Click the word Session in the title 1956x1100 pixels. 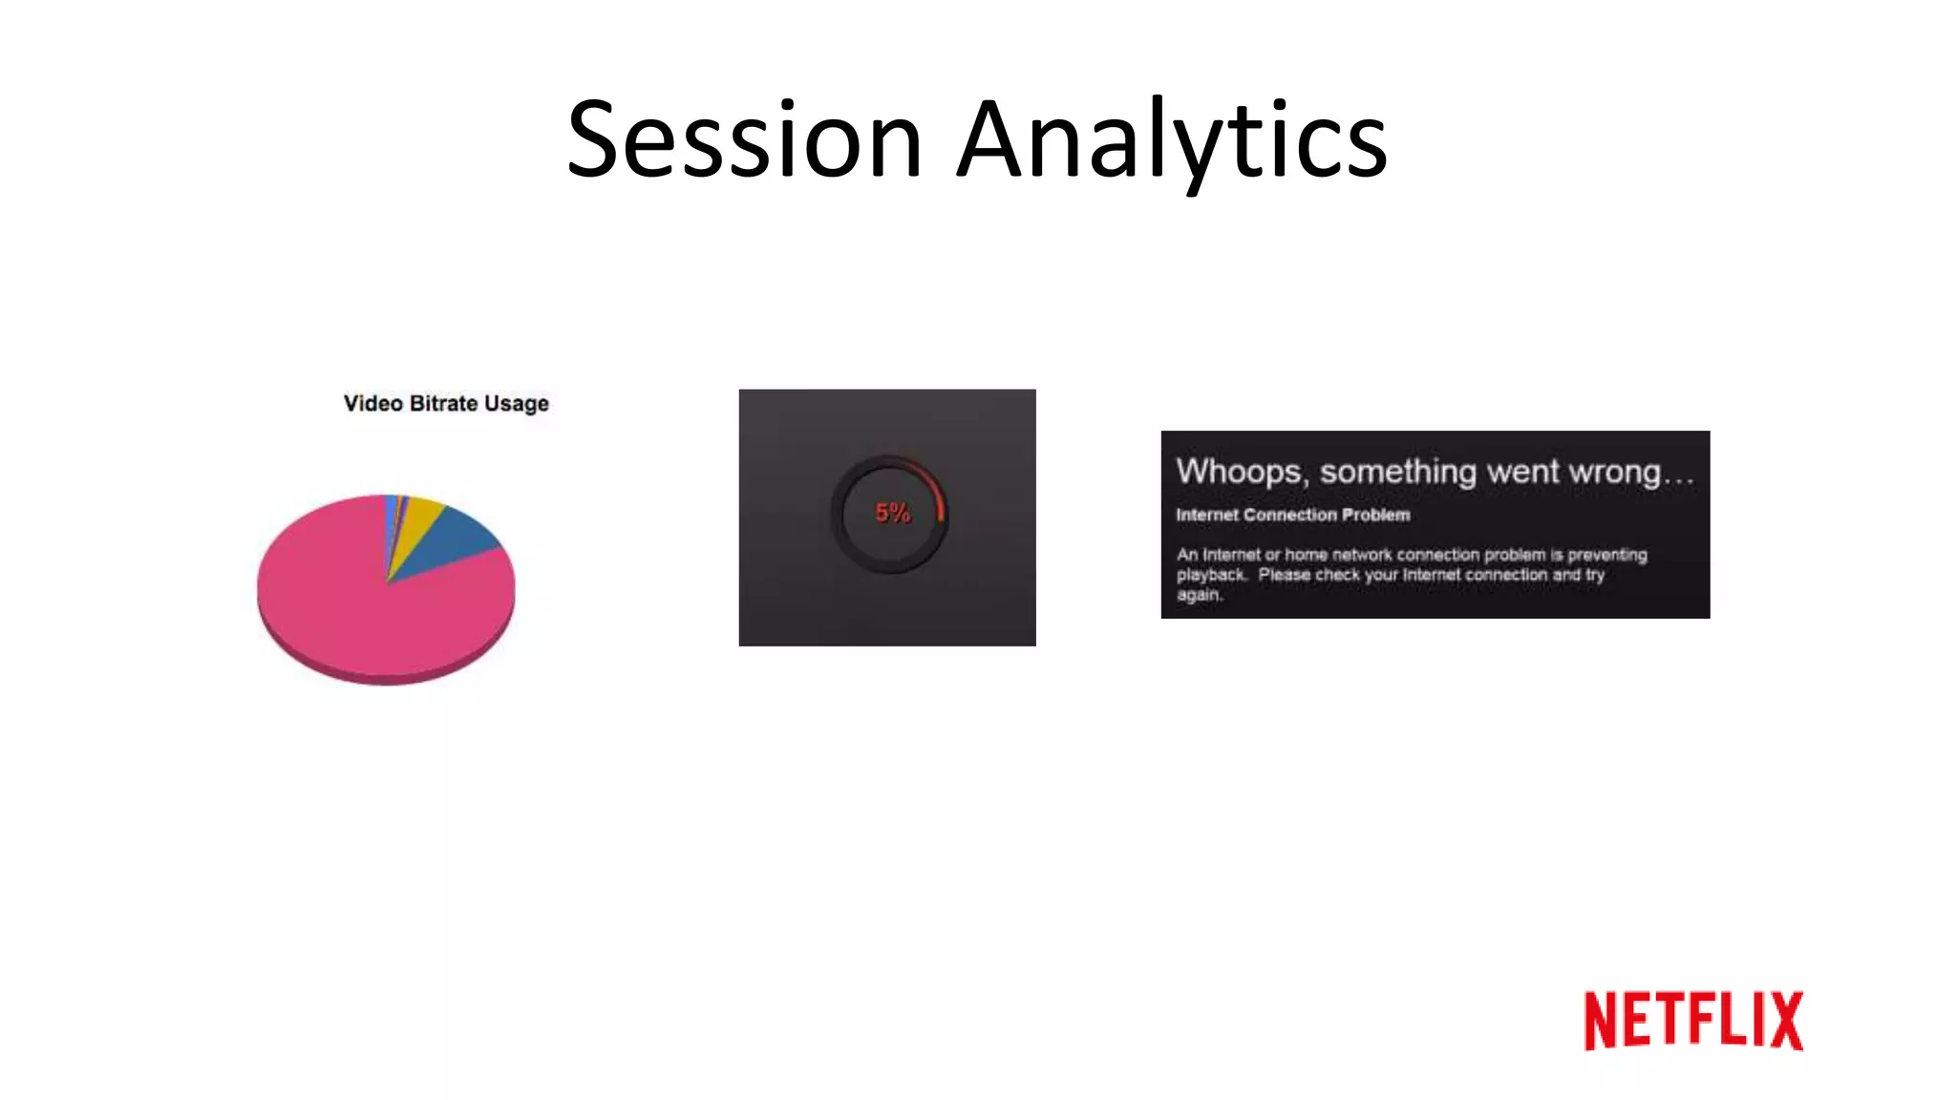[x=744, y=140]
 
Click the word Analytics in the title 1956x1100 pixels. [x=1172, y=140]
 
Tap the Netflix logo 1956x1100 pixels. [x=1692, y=1021]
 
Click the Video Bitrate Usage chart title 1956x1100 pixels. [x=446, y=404]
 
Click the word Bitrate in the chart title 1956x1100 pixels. [x=443, y=404]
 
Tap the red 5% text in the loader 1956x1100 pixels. [x=893, y=514]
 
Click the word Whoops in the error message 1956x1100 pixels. [x=1239, y=472]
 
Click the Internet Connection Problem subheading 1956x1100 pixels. [x=1292, y=516]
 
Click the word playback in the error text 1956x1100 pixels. [x=1210, y=575]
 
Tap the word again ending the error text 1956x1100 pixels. [x=1198, y=595]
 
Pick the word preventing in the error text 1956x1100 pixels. [x=1606, y=555]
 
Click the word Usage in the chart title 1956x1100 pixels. [x=516, y=404]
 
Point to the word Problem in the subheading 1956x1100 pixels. [x=1375, y=516]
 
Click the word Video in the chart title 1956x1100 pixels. [x=372, y=404]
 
